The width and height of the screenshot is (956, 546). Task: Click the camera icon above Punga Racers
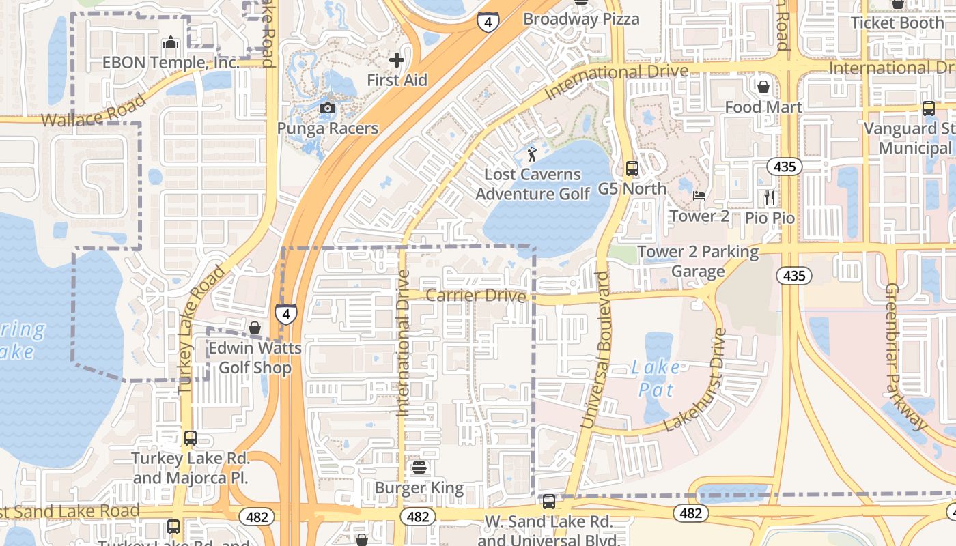(328, 108)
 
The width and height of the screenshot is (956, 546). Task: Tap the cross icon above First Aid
(397, 60)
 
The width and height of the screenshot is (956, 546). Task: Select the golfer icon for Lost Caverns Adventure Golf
(532, 154)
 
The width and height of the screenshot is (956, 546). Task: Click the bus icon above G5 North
(632, 168)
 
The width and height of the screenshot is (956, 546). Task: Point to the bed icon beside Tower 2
(699, 196)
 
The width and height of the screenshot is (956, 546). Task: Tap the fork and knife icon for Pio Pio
(770, 198)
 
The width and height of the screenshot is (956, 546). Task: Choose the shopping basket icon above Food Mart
(763, 87)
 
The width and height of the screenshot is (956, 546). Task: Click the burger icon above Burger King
(419, 468)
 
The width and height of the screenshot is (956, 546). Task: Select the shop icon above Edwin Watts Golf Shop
(255, 328)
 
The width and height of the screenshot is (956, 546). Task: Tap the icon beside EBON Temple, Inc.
(171, 44)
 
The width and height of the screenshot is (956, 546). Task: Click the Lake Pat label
(656, 379)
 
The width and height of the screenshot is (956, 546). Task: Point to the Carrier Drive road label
(476, 296)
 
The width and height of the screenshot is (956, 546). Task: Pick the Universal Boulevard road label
(595, 351)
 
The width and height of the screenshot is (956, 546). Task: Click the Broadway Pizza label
(581, 19)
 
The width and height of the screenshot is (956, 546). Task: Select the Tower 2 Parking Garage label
(698, 261)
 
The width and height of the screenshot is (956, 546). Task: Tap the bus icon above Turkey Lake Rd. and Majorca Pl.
(191, 437)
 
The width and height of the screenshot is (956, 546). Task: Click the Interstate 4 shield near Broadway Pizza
(488, 22)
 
